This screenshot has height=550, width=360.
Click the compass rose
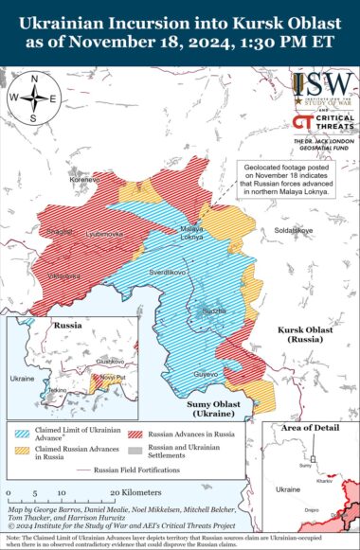click(34, 97)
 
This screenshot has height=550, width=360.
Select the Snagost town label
click(61, 231)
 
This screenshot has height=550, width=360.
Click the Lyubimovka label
click(105, 232)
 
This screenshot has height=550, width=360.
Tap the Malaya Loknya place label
click(192, 235)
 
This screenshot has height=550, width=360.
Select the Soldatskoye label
click(293, 230)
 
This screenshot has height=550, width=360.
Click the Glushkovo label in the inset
click(110, 361)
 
